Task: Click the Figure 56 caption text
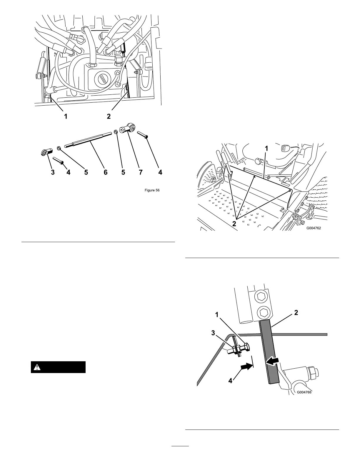(152, 190)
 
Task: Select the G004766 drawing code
(304, 392)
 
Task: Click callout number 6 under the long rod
(106, 172)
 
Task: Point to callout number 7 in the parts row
(141, 172)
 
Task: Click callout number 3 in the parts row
(53, 172)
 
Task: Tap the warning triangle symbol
(37, 367)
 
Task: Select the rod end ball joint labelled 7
(128, 129)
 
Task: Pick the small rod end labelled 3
(46, 153)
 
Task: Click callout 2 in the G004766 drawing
(296, 313)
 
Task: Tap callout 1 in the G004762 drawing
(266, 149)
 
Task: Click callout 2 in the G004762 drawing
(234, 223)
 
